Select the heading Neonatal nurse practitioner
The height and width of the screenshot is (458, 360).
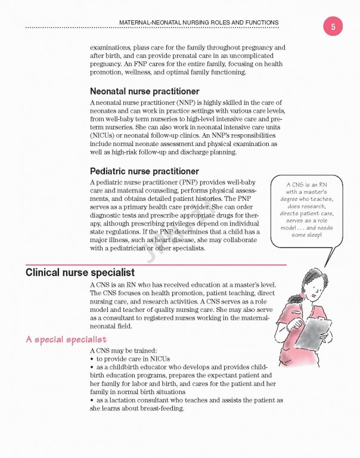144,91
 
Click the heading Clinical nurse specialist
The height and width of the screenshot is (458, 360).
82,273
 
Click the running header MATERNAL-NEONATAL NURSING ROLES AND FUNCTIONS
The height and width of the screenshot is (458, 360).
199,23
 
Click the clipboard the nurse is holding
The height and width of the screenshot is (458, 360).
316,332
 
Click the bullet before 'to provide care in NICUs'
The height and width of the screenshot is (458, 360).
91,359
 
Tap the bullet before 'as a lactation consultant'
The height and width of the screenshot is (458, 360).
91,400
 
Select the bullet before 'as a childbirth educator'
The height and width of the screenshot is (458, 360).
91,367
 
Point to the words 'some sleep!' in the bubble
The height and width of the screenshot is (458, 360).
306,235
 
